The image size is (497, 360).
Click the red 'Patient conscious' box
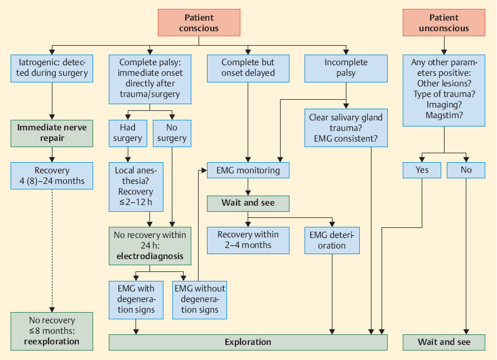[199, 23]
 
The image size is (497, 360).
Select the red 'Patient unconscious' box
[444, 23]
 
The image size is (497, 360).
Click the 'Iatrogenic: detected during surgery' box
[52, 68]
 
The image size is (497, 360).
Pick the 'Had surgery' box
[128, 133]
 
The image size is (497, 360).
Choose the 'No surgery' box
[171, 133]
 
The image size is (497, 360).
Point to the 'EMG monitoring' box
[248, 170]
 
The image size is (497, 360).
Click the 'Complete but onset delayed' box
[248, 68]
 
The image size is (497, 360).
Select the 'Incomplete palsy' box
[346, 68]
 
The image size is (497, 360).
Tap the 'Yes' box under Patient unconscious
[422, 170]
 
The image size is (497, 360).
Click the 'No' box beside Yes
[466, 170]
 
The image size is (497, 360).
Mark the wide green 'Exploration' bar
[248, 342]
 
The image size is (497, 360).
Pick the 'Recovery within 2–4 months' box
[248, 240]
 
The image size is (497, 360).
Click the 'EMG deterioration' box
[332, 240]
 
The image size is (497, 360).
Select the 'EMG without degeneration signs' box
[200, 299]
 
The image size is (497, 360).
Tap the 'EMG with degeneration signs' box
[136, 299]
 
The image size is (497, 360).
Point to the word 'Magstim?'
[444, 115]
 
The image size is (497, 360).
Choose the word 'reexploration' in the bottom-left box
[52, 341]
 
